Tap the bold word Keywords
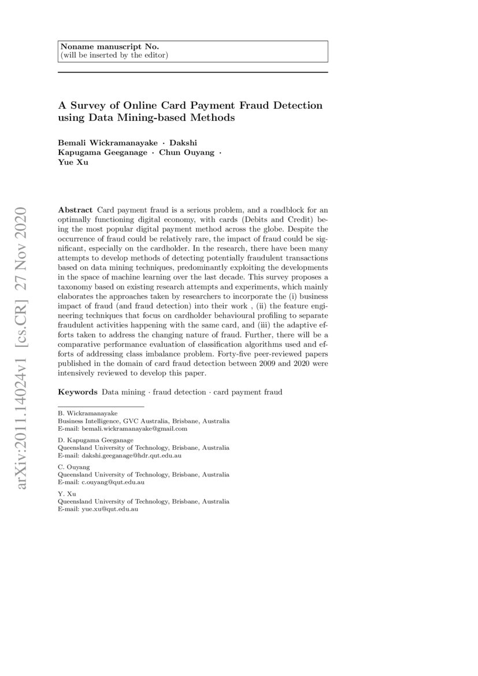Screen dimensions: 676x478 click(77, 392)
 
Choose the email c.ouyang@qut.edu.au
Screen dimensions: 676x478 click(113, 482)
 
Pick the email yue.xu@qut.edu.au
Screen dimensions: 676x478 click(110, 509)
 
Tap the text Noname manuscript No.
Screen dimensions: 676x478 click(93, 47)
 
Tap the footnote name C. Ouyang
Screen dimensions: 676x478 click(74, 467)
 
